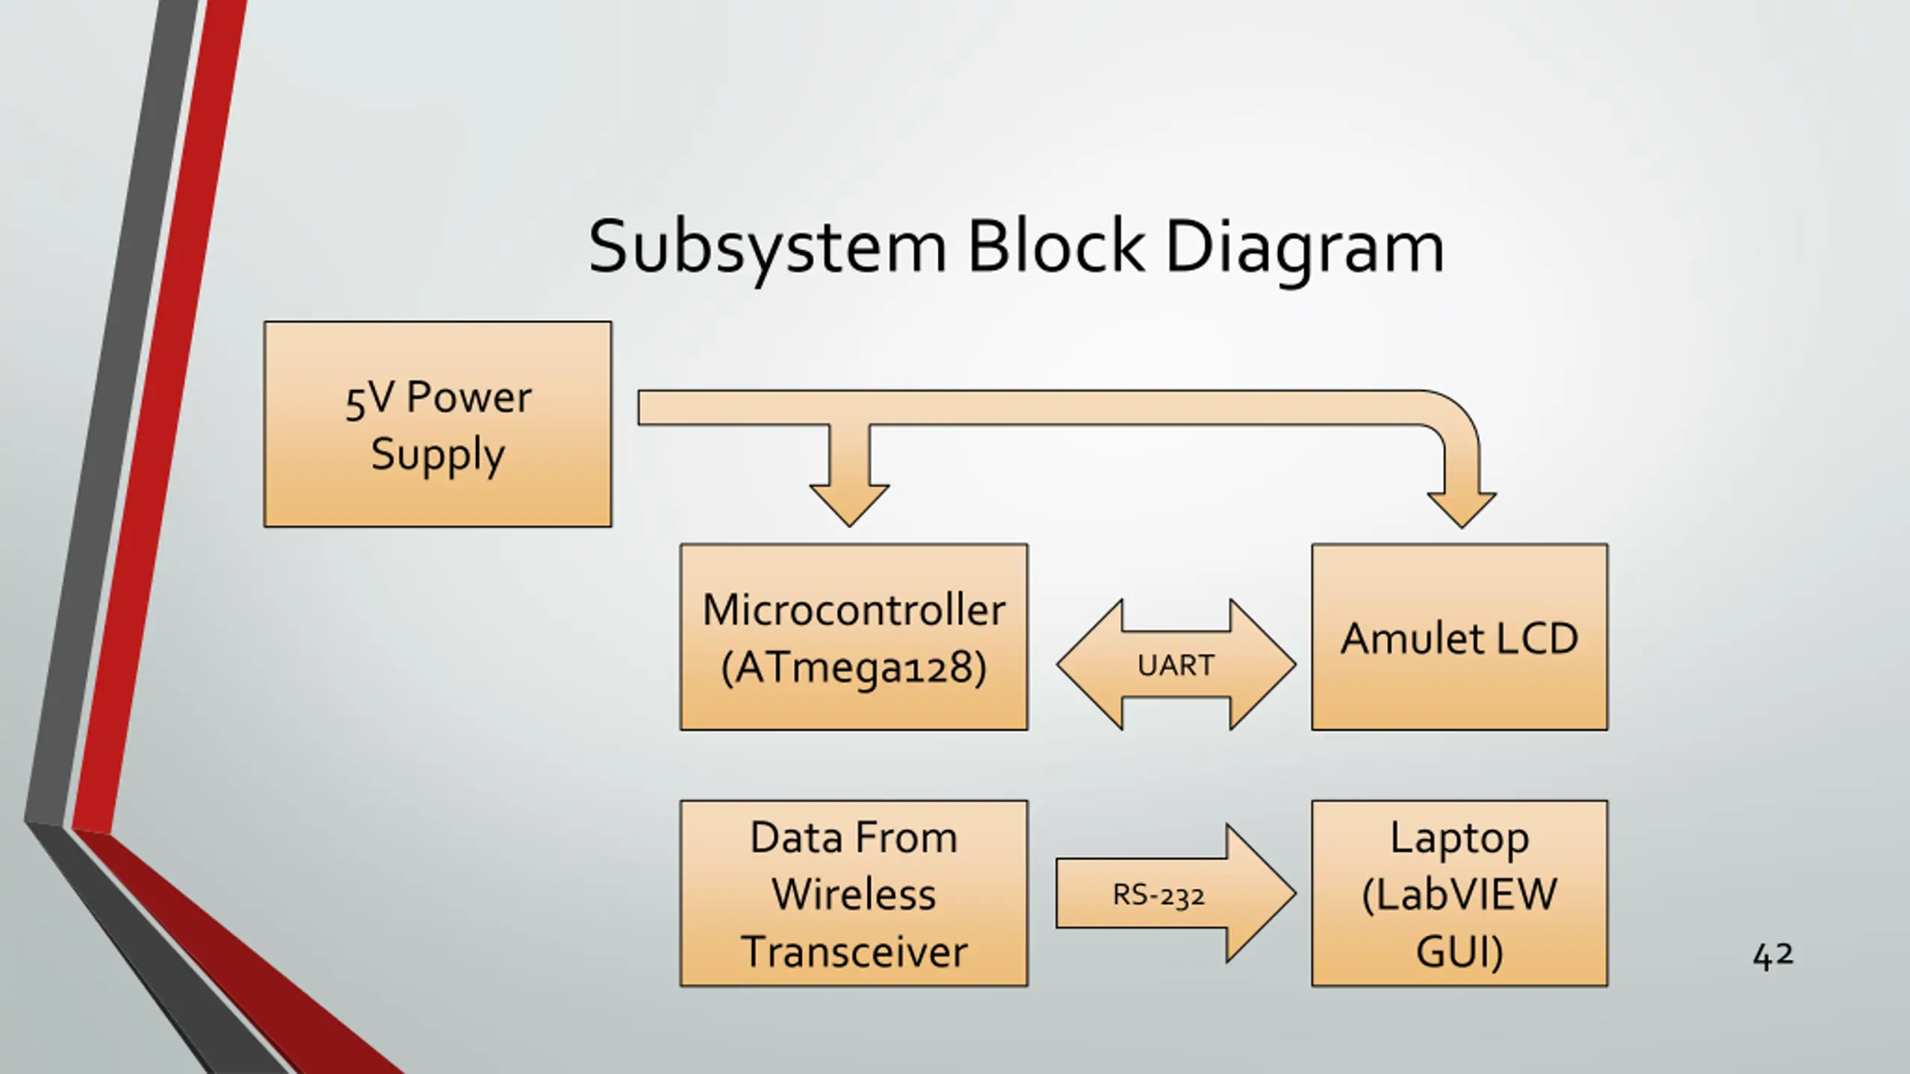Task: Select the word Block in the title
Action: coord(1056,246)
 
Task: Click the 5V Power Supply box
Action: coord(438,424)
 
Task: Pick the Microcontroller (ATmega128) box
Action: coord(854,637)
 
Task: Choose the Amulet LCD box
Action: coord(1459,637)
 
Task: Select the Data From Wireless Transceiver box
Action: coord(854,894)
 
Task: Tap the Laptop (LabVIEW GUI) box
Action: coord(1459,894)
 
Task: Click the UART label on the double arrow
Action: coord(1176,665)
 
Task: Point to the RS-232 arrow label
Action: coord(1159,894)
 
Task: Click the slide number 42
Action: coord(1773,955)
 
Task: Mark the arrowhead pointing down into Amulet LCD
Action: coord(1462,510)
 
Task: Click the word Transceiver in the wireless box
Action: coord(854,952)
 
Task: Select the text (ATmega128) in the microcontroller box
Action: coord(854,668)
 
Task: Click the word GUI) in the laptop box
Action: coord(1459,952)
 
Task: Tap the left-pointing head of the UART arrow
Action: coord(1089,665)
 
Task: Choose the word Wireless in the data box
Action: coord(854,894)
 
